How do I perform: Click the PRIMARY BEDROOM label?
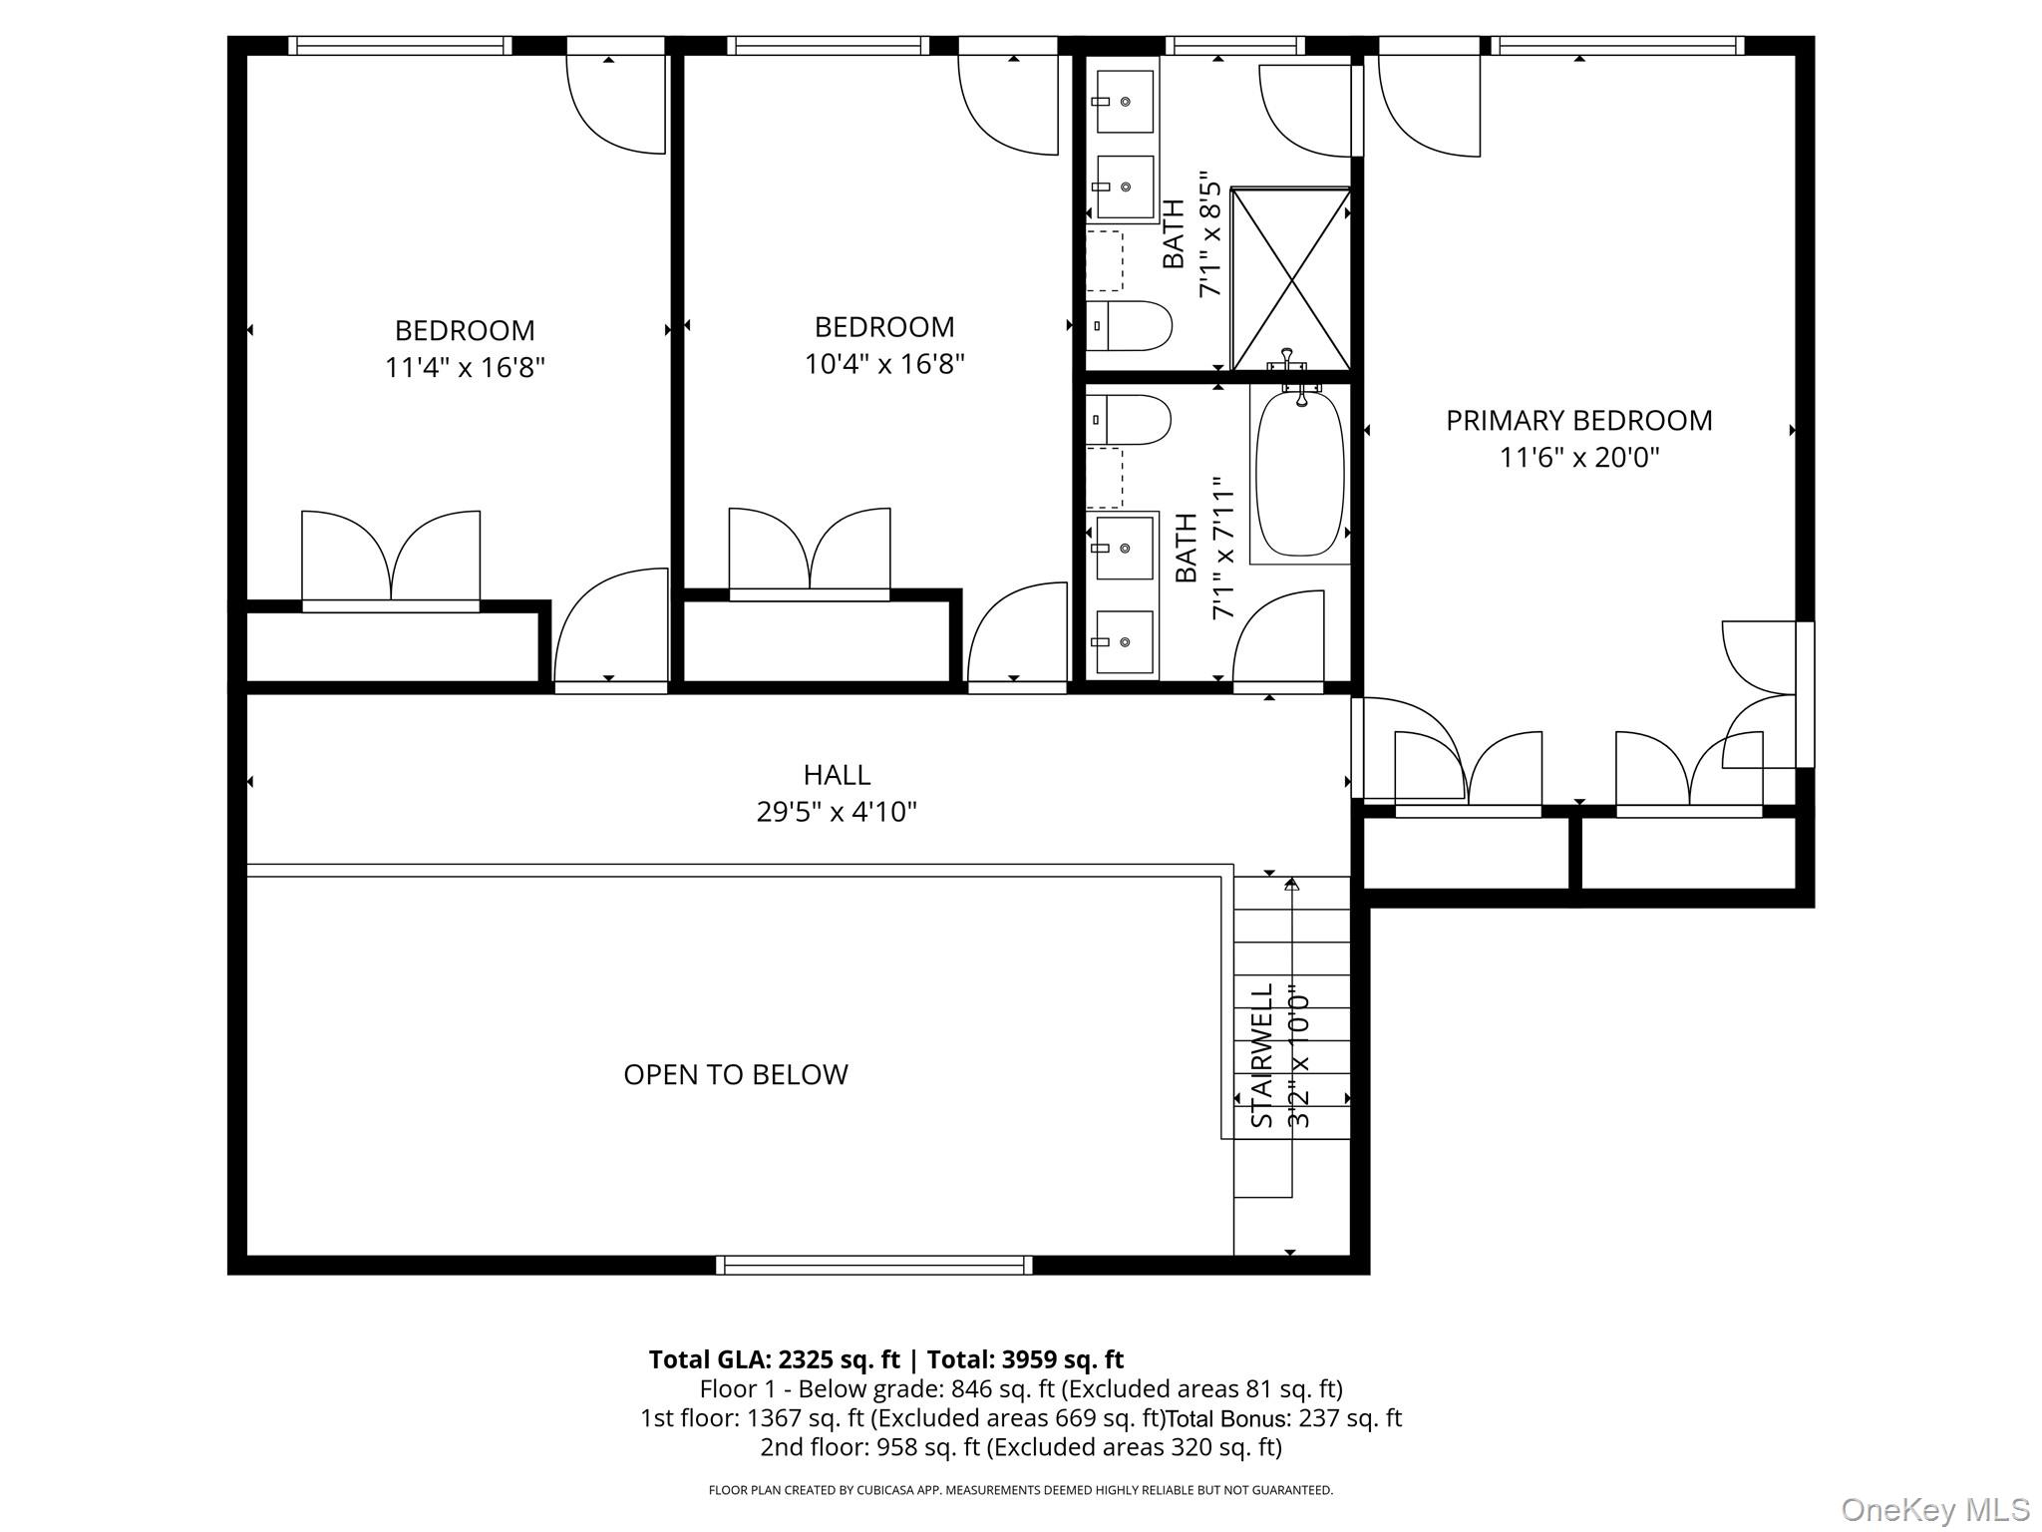[x=1578, y=421]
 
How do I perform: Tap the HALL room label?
[x=837, y=775]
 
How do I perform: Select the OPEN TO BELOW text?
[x=736, y=1074]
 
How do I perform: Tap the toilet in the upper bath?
[x=1130, y=326]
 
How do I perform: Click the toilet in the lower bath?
[x=1130, y=420]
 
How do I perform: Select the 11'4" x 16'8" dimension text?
[x=465, y=368]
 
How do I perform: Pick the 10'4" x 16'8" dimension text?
[x=884, y=364]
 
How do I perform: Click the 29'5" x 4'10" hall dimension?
[x=837, y=812]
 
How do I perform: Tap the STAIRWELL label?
[x=1262, y=1055]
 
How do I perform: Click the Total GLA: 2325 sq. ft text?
[x=774, y=1359]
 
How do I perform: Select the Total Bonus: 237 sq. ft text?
[x=1284, y=1418]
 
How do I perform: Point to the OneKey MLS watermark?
[x=1934, y=1510]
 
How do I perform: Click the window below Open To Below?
[x=873, y=1266]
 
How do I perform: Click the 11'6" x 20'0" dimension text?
[x=1578, y=458]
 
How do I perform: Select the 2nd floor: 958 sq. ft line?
[x=1020, y=1447]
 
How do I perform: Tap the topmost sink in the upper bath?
[x=1125, y=102]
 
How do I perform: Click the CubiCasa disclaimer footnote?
[x=1020, y=1490]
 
